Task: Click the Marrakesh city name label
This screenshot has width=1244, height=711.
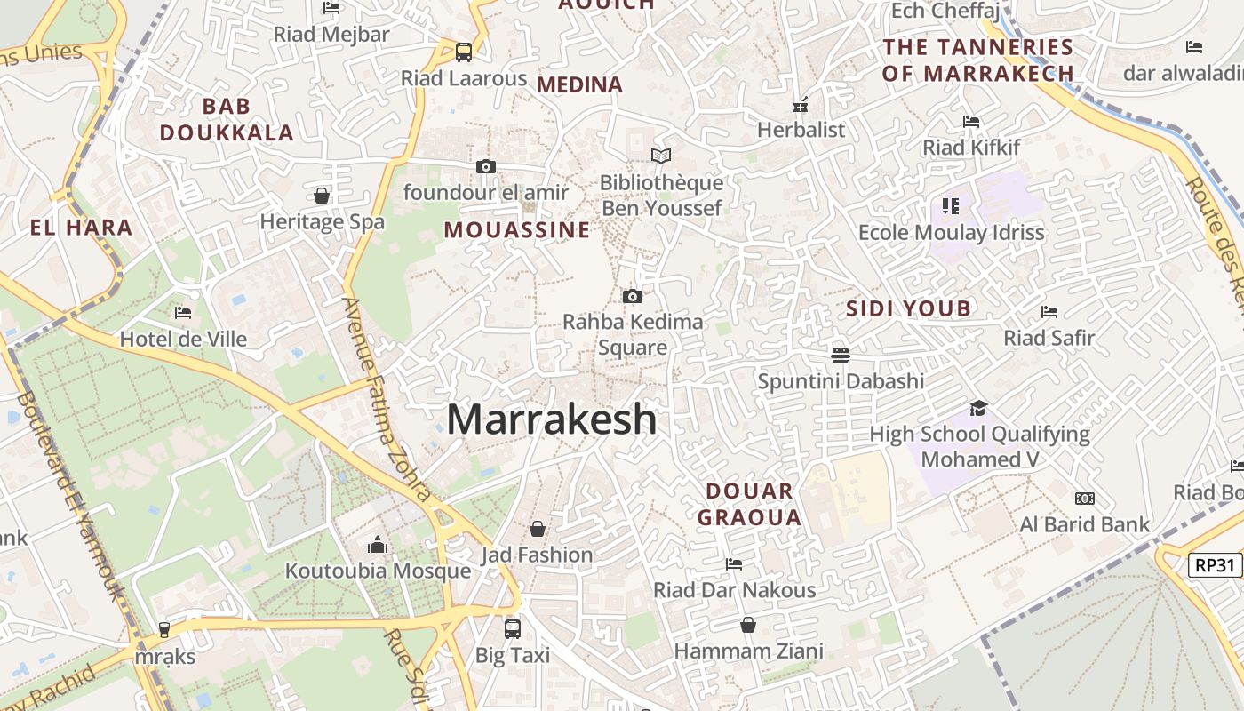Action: (551, 419)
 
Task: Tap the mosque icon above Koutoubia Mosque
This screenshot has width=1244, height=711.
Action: (378, 545)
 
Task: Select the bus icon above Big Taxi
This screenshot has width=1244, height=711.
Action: (513, 629)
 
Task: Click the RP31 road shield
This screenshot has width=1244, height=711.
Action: (1215, 564)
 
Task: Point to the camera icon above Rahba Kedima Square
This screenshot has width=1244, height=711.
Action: (633, 296)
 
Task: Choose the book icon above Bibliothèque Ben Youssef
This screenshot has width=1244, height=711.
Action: (661, 156)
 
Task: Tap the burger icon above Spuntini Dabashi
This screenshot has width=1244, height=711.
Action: (841, 355)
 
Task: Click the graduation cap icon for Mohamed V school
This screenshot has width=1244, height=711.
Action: (978, 408)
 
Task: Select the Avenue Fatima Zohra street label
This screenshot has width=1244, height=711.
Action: (387, 400)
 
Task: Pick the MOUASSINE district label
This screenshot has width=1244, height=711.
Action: (517, 230)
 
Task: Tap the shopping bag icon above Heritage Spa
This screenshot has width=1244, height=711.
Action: (322, 196)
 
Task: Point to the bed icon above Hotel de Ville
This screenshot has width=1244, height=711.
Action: (183, 312)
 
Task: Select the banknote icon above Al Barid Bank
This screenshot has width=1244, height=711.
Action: (1084, 499)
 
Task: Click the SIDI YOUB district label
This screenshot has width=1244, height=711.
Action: (908, 308)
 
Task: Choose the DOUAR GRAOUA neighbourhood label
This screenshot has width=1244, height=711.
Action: (749, 504)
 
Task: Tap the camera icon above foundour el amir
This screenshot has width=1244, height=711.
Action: (485, 166)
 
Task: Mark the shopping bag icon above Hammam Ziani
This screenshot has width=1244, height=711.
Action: (748, 625)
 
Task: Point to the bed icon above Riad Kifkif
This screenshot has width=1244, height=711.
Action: (971, 121)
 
